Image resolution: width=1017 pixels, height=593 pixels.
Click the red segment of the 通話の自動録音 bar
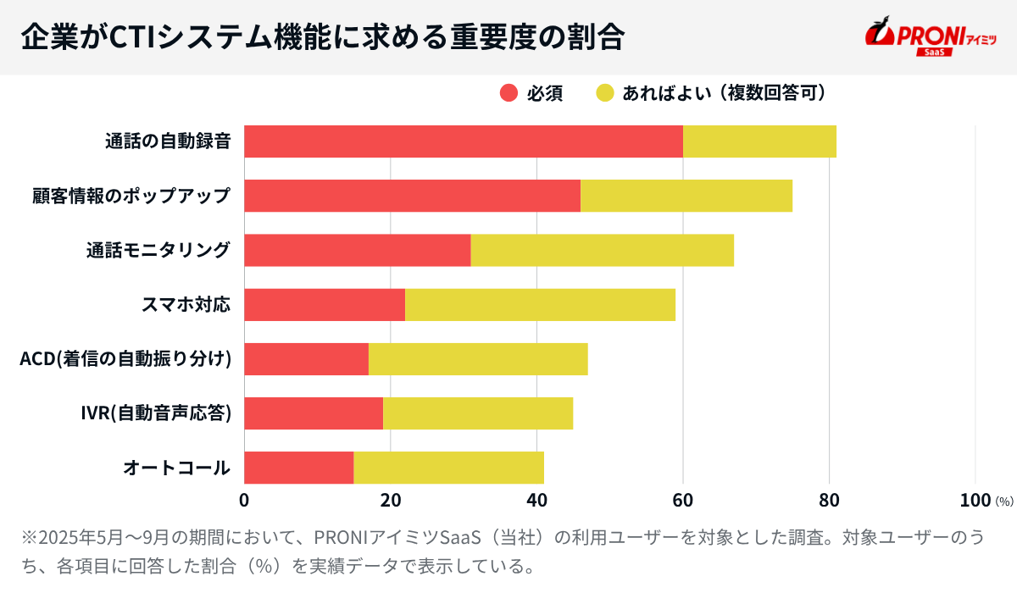point(463,141)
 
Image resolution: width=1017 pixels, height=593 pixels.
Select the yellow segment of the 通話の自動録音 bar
point(759,141)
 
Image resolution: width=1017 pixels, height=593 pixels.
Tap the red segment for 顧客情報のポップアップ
point(412,196)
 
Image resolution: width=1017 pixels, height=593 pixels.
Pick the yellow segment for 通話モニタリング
point(602,250)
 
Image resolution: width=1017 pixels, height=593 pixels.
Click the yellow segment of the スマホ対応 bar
point(540,304)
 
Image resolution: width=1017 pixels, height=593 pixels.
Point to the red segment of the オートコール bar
point(298,468)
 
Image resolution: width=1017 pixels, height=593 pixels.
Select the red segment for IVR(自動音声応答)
point(314,413)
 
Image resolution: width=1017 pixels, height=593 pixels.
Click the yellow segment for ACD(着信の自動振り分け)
point(478,358)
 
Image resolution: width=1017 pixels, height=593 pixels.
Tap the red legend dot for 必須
point(508,93)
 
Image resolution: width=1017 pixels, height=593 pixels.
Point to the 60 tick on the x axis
point(683,500)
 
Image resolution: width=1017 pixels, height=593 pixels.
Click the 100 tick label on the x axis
point(975,500)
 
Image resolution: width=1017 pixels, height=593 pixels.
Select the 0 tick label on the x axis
point(244,500)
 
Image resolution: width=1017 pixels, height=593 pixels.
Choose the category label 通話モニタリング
point(158,250)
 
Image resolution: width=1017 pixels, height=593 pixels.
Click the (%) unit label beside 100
point(1004,502)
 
